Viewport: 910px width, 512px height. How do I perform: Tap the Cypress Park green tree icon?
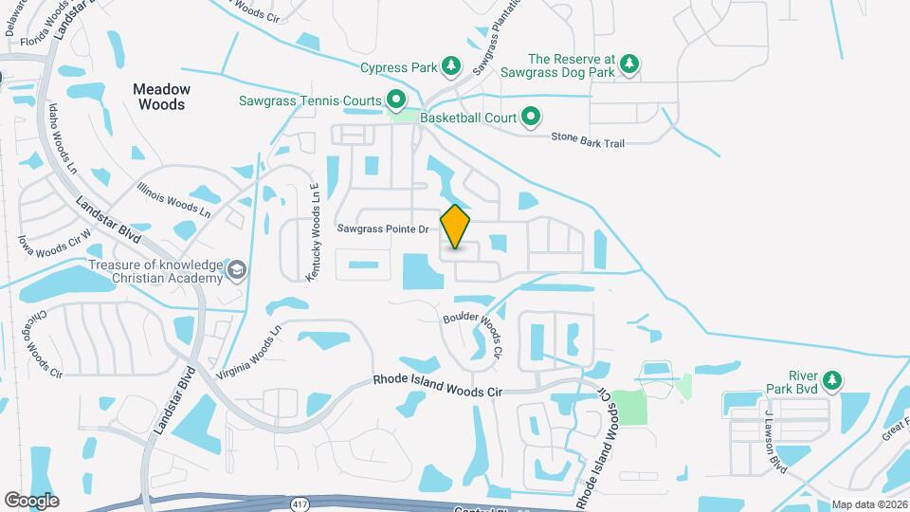click(452, 66)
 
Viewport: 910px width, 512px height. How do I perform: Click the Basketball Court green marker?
click(532, 118)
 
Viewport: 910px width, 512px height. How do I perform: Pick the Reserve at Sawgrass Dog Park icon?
click(628, 64)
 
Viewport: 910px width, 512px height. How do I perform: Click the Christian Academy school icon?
click(236, 272)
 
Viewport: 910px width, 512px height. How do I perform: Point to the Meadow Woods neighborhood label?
click(161, 97)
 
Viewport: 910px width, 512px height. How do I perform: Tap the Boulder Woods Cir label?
click(472, 333)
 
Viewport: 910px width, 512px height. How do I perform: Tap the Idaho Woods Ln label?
click(63, 150)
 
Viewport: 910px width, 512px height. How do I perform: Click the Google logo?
click(31, 500)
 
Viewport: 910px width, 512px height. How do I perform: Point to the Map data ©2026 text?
click(868, 504)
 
